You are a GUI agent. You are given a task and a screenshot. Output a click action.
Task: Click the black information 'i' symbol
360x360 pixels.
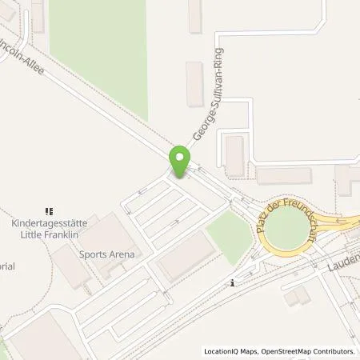232,282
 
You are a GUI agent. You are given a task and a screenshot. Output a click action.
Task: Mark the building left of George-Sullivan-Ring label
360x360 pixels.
194,84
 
